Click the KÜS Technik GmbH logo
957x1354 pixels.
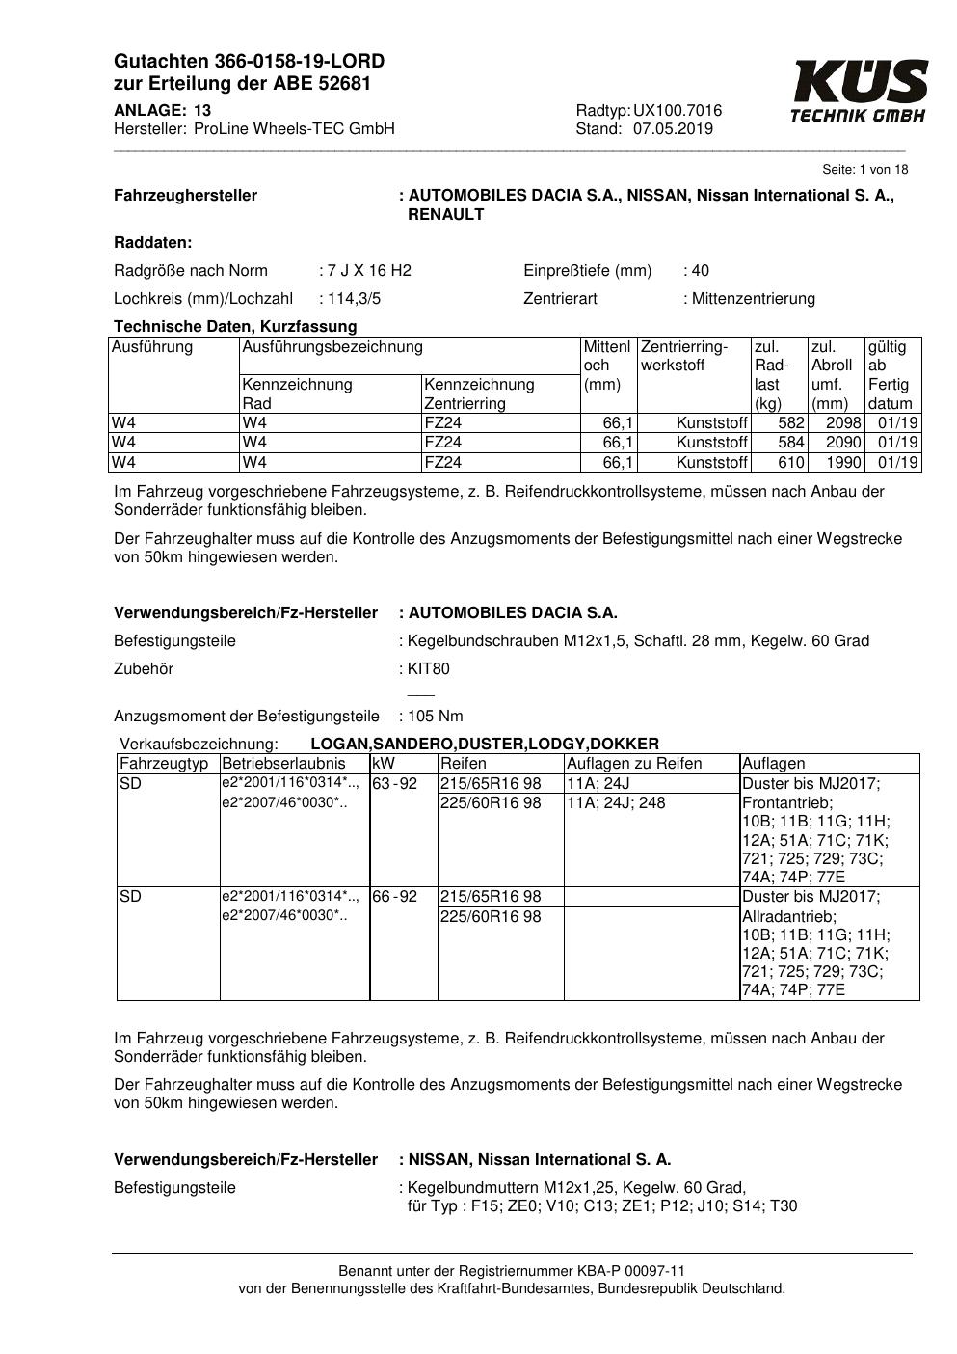tap(859, 92)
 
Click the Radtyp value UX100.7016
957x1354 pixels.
tap(678, 111)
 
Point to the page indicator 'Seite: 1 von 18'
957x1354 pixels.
tap(864, 170)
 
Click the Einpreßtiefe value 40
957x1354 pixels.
tap(700, 270)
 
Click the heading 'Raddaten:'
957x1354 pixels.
tap(153, 242)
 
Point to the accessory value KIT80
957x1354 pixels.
tap(429, 669)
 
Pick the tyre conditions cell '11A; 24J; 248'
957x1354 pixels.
tap(616, 803)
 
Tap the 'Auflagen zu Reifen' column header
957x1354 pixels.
tap(634, 764)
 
